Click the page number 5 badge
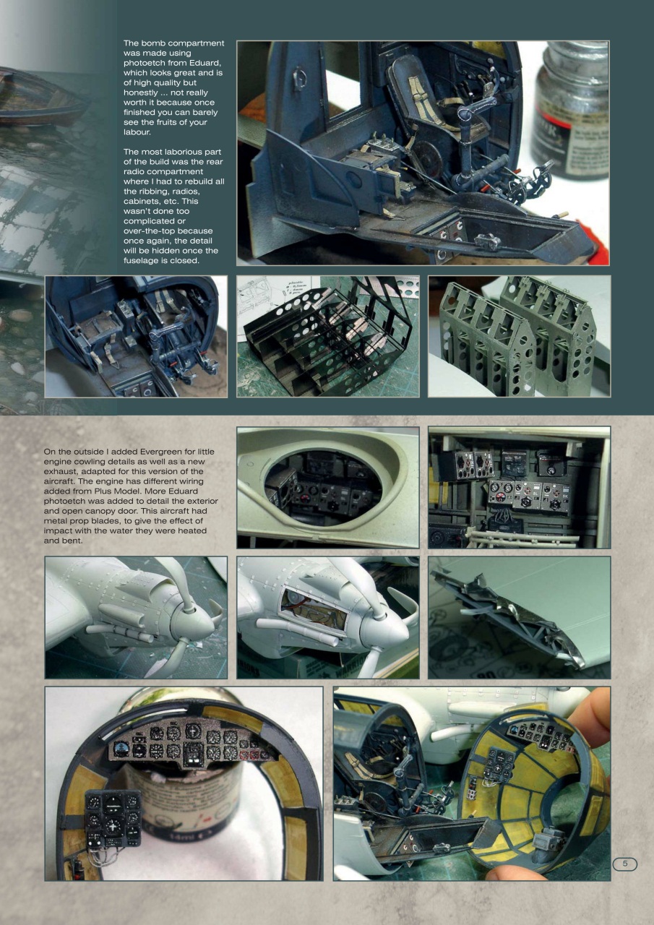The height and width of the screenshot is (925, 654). [x=625, y=864]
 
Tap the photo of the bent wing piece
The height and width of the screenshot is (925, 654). [x=519, y=617]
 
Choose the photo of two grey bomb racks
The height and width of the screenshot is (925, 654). [x=519, y=336]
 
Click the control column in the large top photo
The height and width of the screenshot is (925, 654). [x=466, y=137]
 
